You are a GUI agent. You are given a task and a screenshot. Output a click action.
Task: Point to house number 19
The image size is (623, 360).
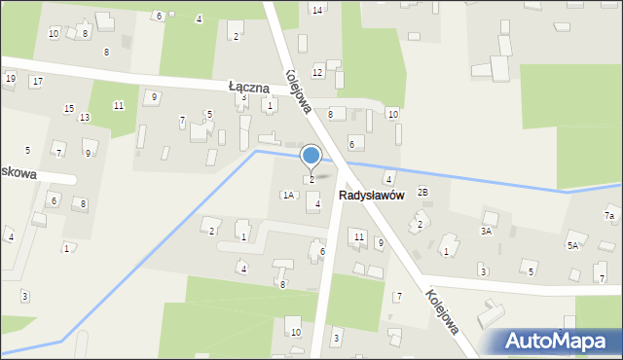pos(10,78)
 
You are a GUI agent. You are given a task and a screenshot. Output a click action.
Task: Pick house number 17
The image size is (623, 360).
pos(36,81)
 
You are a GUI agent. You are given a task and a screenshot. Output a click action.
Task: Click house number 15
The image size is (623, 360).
pos(68,108)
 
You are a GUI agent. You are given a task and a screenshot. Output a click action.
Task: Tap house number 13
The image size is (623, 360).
pos(85,118)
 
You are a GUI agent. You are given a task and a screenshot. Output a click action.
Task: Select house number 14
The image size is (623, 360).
pos(316,10)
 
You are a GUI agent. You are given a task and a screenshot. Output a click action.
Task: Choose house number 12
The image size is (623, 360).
pos(317,73)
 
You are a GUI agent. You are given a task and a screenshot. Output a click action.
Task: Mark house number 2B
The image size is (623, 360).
pos(422,192)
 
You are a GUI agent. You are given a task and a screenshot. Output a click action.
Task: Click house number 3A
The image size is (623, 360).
pos(486,232)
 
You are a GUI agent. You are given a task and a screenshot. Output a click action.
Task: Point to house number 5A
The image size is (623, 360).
pos(573,245)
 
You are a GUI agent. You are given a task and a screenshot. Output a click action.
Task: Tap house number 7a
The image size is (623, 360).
pos(609,215)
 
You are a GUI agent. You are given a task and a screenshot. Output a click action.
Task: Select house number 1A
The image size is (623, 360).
pos(287,195)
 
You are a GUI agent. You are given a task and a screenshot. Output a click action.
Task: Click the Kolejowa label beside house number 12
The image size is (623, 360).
pos(298,91)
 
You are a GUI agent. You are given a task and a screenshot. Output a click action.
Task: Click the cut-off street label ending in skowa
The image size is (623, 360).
pos(18,173)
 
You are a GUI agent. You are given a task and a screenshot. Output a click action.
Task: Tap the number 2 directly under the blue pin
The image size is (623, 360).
pos(311,179)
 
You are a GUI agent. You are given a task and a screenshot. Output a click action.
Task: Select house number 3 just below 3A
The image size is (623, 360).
pos(482,271)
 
